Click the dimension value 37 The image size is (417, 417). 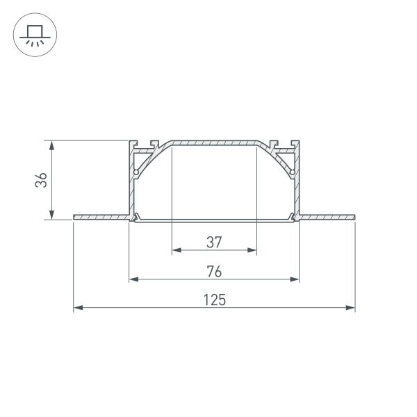213,242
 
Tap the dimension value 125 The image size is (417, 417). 214,300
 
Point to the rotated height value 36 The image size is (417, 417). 42,180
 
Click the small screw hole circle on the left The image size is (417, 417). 137,172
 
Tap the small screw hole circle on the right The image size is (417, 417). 292,172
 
